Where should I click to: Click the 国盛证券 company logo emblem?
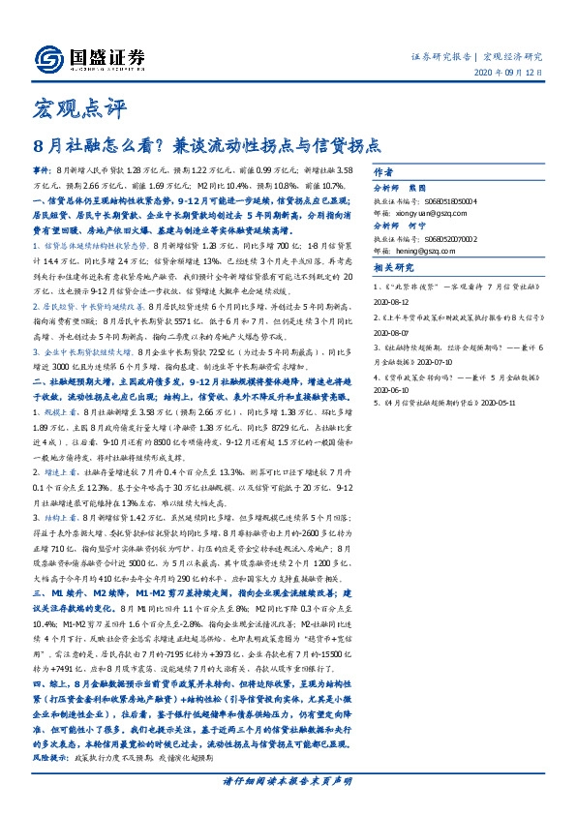pyautogui.click(x=44, y=59)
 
